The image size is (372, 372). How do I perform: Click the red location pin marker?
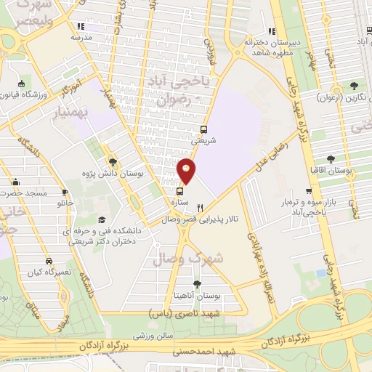click(187, 170)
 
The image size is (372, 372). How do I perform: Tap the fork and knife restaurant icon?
click(190, 207)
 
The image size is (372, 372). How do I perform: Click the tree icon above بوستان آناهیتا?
click(197, 283)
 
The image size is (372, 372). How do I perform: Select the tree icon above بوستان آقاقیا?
click(331, 158)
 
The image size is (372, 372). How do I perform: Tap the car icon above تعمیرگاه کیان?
click(48, 260)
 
